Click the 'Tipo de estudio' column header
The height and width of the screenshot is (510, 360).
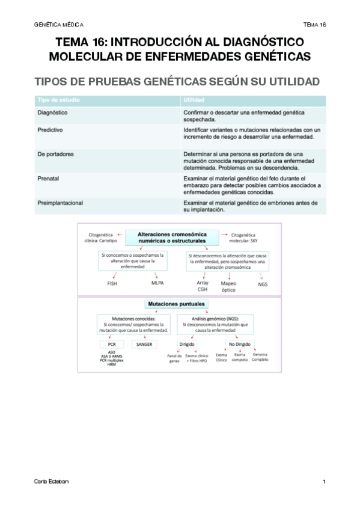(x=58, y=99)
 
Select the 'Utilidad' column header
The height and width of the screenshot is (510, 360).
(x=194, y=99)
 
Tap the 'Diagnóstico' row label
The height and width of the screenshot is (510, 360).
(x=52, y=112)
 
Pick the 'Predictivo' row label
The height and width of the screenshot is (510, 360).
(x=50, y=129)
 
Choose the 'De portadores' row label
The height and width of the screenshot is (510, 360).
(x=56, y=154)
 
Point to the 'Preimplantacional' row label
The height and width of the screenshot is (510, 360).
(x=60, y=203)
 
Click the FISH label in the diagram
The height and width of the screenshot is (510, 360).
(x=112, y=283)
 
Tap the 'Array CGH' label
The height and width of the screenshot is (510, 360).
(x=203, y=286)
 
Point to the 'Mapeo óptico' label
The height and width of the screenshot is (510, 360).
(x=229, y=286)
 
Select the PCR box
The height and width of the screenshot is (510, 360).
(x=112, y=345)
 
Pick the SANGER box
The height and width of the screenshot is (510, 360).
(x=144, y=345)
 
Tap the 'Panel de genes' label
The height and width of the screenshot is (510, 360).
(x=174, y=359)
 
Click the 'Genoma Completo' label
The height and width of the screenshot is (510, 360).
(x=260, y=357)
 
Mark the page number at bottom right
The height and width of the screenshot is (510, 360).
(x=324, y=482)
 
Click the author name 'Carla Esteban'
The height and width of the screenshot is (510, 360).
(x=48, y=482)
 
